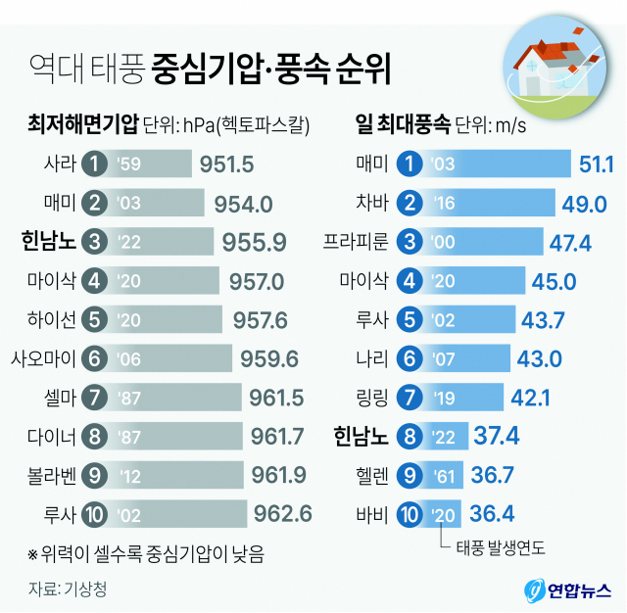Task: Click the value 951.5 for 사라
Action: tap(226, 163)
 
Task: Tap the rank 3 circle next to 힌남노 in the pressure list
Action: tap(95, 241)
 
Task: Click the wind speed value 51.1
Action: tap(596, 163)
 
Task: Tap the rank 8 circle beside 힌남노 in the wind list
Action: tap(412, 434)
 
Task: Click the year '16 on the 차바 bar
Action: tap(442, 203)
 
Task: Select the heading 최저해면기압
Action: tap(83, 124)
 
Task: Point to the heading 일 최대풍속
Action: tap(403, 124)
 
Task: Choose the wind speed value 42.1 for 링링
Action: tap(530, 396)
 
